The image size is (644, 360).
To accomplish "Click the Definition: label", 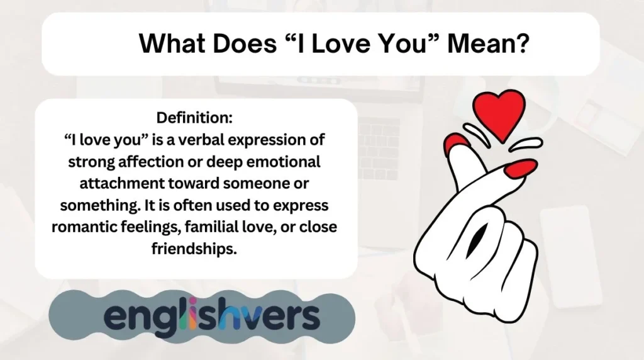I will pyautogui.click(x=194, y=118).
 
